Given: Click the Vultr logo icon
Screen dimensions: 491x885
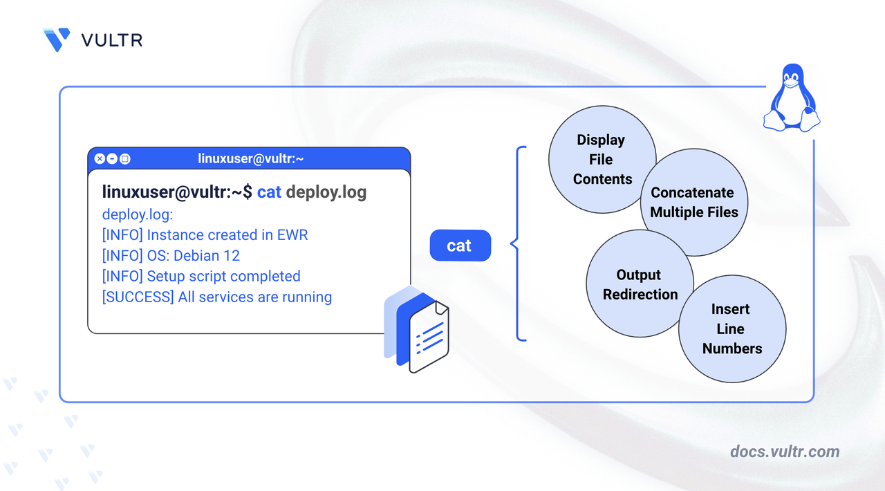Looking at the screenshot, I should (x=57, y=40).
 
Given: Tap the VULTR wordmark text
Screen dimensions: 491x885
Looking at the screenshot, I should (x=112, y=40).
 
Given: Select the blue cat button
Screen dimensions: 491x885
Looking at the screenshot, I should (x=460, y=245).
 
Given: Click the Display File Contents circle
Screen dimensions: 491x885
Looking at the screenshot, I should (x=602, y=159).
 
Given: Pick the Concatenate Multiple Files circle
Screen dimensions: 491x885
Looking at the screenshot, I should (x=695, y=203).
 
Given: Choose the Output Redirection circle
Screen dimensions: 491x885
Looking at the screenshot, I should (x=640, y=284).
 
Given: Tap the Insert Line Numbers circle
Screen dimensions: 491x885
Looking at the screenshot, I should (x=732, y=329).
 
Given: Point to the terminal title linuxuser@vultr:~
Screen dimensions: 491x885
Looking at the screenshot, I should (x=251, y=159).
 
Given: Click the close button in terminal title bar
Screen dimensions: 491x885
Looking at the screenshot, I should (x=100, y=159).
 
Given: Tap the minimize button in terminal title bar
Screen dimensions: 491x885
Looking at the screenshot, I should (x=112, y=159).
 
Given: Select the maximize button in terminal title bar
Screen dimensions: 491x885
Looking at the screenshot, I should (x=124, y=159).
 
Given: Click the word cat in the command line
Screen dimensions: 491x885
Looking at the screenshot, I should (x=269, y=192).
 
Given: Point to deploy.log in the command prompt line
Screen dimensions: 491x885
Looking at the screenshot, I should (x=326, y=192).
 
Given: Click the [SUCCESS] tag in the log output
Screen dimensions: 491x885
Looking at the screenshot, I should (x=138, y=297).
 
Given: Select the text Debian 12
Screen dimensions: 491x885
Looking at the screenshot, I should (x=206, y=256).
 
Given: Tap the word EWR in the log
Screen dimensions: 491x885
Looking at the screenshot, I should (x=292, y=235).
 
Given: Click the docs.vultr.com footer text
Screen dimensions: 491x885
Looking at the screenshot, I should (x=785, y=452).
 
